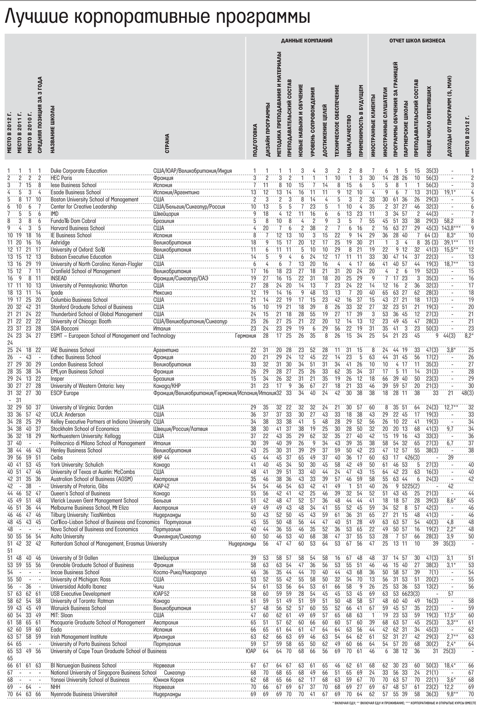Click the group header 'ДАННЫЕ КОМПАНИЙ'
point(306,41)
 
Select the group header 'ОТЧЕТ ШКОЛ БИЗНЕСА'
point(417,41)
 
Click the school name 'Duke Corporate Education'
point(79,171)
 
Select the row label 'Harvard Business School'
point(78,228)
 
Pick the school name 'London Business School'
point(77,365)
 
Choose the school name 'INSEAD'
point(60,278)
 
